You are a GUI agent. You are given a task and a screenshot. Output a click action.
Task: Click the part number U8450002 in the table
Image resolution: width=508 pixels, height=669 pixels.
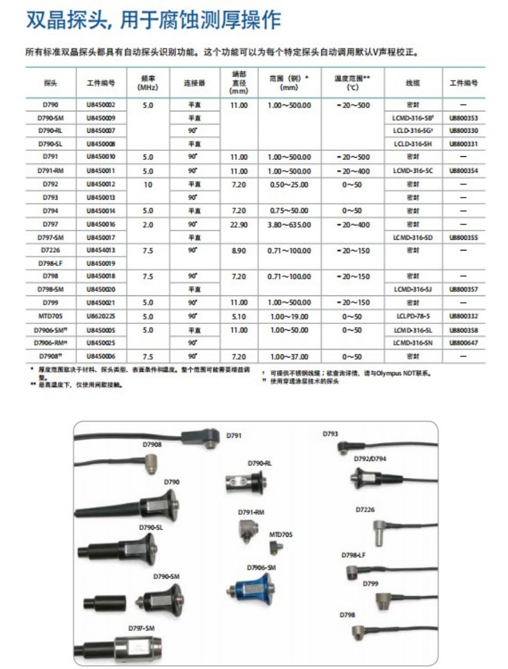point(101,105)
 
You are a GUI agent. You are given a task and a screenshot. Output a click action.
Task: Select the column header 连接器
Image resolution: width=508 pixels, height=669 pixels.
point(194,83)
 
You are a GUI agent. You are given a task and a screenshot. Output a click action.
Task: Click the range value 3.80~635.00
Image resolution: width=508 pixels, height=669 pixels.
point(289,225)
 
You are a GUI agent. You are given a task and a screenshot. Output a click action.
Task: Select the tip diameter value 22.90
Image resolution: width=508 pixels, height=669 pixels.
point(238,225)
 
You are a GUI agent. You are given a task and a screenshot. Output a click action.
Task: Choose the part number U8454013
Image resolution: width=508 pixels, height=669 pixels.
point(101,250)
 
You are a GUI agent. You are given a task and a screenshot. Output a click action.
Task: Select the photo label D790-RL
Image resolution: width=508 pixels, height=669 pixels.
point(259,463)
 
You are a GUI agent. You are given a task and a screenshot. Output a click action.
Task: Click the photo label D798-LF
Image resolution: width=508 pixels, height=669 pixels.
point(353,555)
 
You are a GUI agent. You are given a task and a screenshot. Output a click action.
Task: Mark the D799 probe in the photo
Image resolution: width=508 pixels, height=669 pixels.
point(384,600)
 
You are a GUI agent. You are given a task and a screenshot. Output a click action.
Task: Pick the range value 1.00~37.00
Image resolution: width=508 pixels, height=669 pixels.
point(289,356)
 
